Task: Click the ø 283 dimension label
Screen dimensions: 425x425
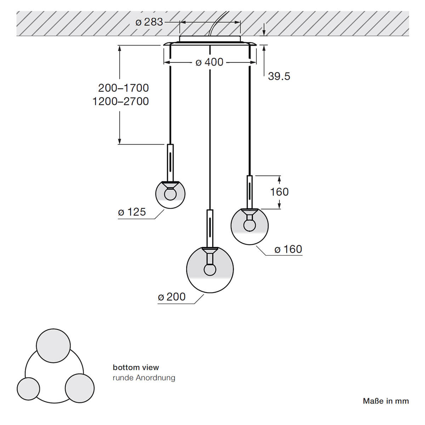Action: (x=149, y=22)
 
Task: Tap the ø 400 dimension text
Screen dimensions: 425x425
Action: (x=209, y=62)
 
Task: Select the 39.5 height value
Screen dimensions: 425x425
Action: (x=279, y=76)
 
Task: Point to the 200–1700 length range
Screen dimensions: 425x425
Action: (x=124, y=88)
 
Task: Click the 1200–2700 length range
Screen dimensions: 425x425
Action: (x=121, y=101)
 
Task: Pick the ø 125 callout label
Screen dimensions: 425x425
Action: (x=132, y=212)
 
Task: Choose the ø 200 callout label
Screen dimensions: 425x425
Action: (x=172, y=297)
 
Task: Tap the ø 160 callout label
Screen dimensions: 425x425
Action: (x=288, y=249)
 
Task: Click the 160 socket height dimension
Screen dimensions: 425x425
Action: (x=279, y=192)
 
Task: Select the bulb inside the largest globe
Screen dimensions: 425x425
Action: (x=210, y=270)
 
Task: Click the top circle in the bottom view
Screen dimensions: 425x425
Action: (x=53, y=346)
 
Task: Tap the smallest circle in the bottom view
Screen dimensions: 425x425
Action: (x=28, y=389)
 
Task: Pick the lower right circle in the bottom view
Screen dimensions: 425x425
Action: (x=80, y=388)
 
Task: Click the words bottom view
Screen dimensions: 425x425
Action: (x=136, y=367)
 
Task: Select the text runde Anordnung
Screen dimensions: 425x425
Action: (x=144, y=378)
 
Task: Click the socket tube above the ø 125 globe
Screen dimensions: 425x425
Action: (x=170, y=163)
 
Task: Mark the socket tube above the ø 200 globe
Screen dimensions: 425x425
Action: (x=210, y=228)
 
